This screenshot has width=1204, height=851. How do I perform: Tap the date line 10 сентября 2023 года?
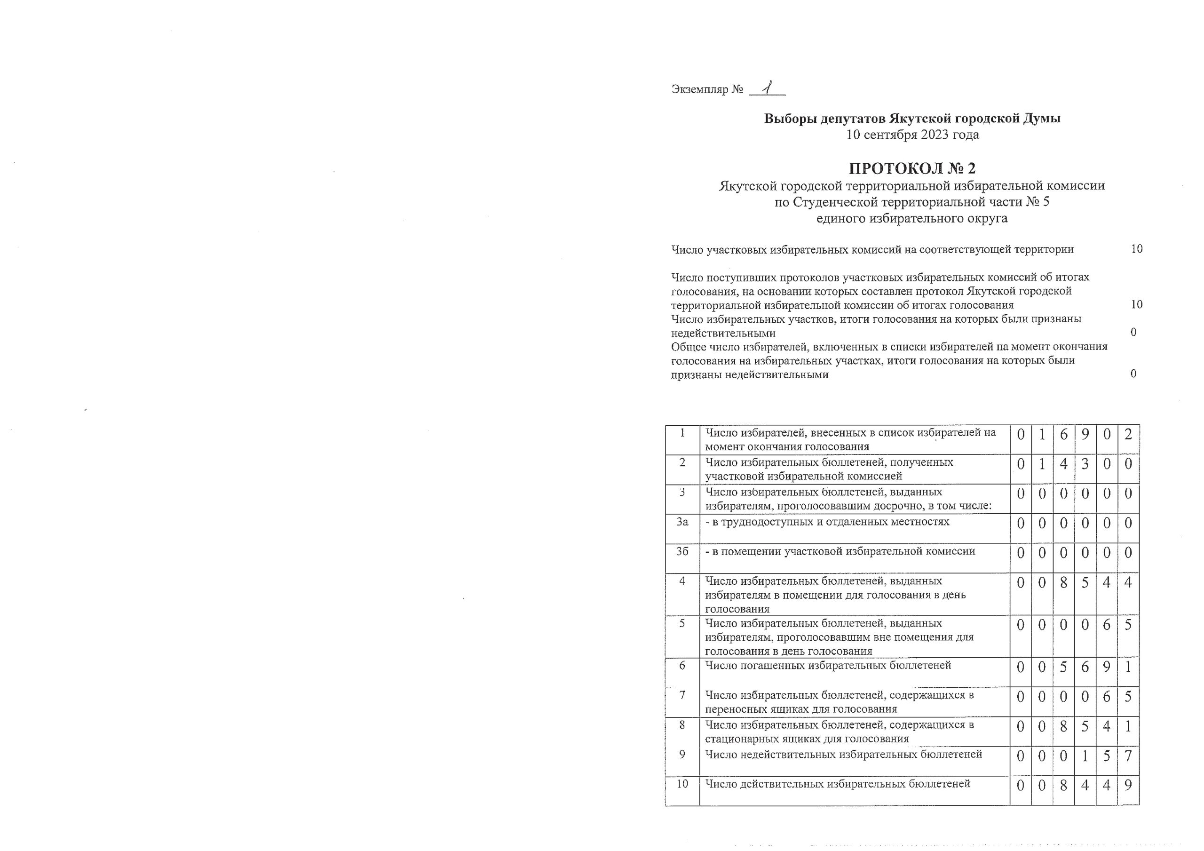click(912, 135)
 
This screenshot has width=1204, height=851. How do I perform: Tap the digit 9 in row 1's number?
click(1085, 434)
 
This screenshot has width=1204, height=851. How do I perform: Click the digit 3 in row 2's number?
click(1085, 464)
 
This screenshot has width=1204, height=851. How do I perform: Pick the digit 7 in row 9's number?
click(1128, 756)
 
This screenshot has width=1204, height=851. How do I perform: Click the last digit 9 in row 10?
click(1128, 786)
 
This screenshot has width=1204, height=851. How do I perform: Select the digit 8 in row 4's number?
click(1063, 582)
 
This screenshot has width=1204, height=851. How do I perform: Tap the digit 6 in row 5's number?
click(1107, 625)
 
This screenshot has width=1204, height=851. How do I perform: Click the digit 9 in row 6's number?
click(1107, 668)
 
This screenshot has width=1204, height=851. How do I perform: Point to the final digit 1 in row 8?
click(1128, 727)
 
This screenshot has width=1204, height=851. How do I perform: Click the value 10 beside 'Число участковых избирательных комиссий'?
click(1136, 249)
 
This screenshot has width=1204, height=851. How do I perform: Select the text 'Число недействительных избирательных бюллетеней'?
click(843, 755)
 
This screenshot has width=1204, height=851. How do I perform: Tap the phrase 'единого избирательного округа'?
click(912, 219)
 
